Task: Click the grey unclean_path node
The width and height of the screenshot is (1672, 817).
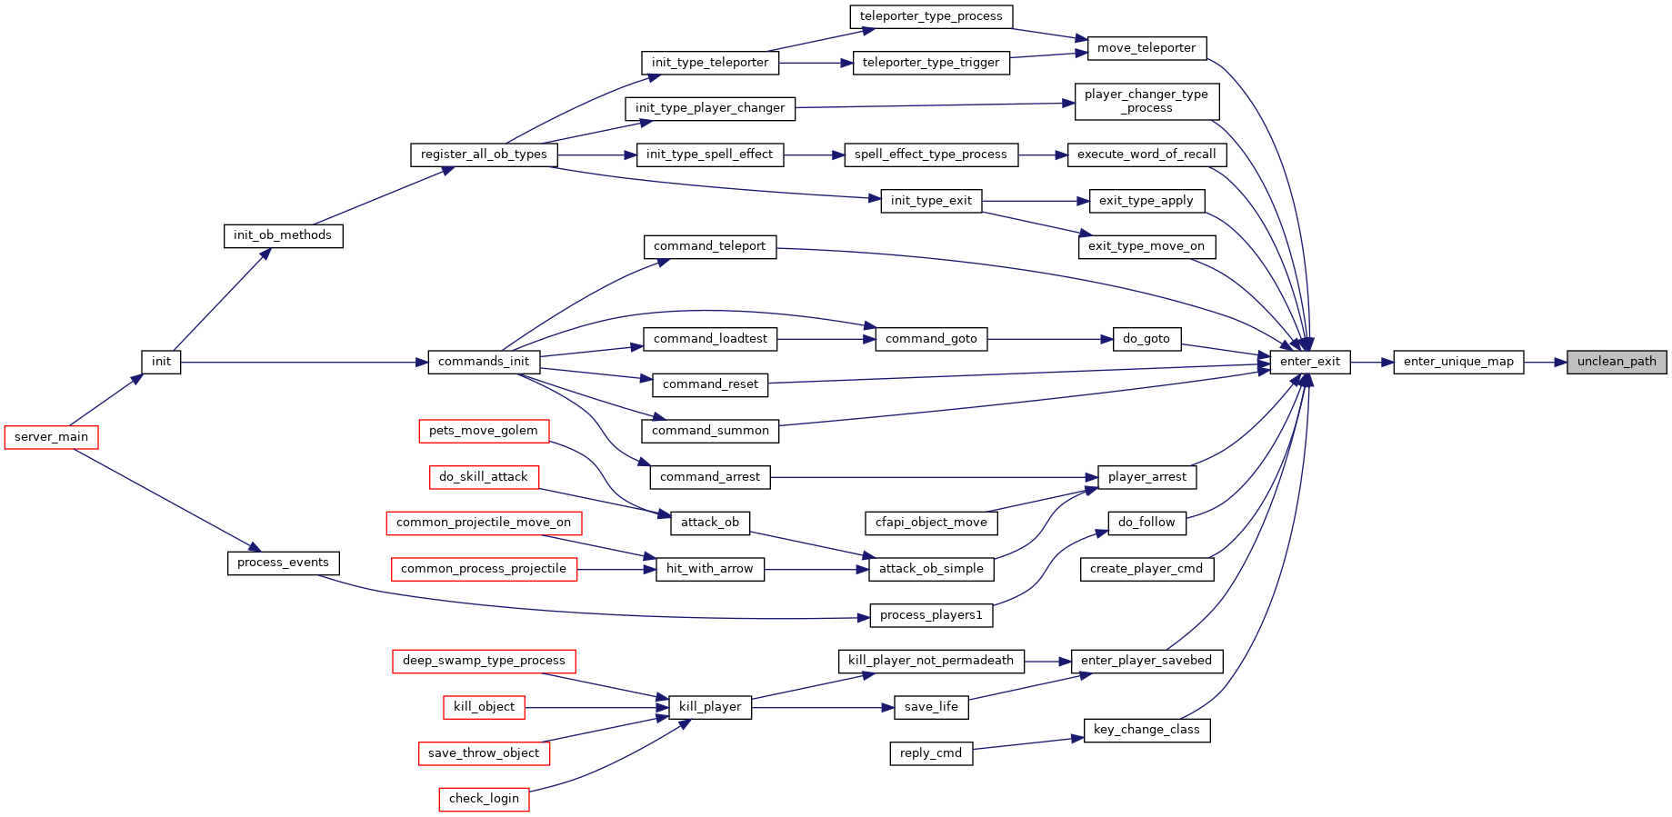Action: [x=1617, y=362]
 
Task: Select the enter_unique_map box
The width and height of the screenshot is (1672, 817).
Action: [x=1458, y=362]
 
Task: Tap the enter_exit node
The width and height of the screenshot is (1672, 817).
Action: [x=1310, y=362]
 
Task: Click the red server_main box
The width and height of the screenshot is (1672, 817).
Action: [x=51, y=437]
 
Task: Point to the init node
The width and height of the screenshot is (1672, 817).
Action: [x=161, y=362]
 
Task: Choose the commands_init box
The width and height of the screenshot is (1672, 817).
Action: [x=484, y=362]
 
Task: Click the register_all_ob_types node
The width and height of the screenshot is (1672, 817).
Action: [x=484, y=154]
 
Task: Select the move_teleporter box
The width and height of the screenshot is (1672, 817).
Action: [x=1146, y=48]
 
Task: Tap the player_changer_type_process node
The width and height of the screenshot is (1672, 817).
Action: [x=1146, y=101]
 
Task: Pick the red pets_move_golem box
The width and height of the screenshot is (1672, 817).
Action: [x=484, y=431]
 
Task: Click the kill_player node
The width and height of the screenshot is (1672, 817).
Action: [x=710, y=707]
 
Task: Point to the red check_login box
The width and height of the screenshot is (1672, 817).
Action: [x=484, y=799]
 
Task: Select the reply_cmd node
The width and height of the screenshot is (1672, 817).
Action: [x=931, y=753]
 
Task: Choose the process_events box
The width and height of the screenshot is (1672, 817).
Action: [x=283, y=563]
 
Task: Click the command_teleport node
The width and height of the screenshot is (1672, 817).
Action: [x=710, y=246]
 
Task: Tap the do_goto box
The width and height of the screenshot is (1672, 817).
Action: [x=1146, y=339]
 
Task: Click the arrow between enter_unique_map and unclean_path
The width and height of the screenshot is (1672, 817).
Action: [x=1546, y=362]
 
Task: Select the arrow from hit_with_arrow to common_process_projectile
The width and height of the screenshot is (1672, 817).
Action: [x=616, y=570]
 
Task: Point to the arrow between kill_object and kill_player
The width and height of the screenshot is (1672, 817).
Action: [x=596, y=707]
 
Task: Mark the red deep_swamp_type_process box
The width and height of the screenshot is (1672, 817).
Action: [x=484, y=661]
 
